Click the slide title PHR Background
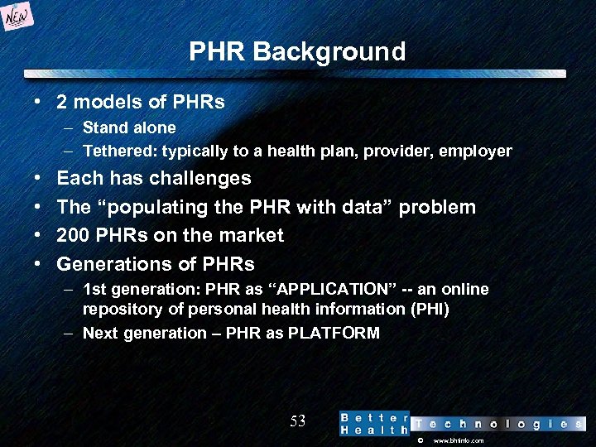(x=297, y=52)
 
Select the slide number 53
(x=298, y=421)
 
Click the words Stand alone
(x=129, y=127)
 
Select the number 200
(x=73, y=235)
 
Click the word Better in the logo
(x=374, y=417)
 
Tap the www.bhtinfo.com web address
(x=459, y=441)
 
